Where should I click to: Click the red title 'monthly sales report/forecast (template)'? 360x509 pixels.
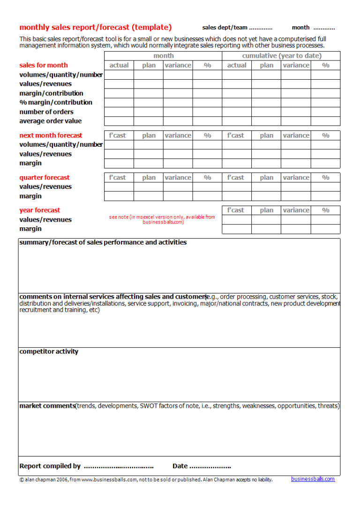coord(95,27)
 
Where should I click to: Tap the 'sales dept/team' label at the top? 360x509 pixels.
coord(225,28)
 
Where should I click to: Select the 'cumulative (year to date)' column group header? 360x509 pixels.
coord(281,56)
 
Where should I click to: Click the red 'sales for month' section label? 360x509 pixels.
coord(43,65)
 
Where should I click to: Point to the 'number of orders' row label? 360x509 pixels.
coord(46,112)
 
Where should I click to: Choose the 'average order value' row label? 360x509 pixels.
coord(50,121)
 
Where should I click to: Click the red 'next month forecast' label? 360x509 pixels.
coord(51,135)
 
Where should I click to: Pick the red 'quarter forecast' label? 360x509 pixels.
coord(44,178)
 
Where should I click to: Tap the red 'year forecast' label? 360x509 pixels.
coord(39,210)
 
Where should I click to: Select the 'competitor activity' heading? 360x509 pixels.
coord(49,352)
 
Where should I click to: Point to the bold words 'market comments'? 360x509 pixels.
coord(47,406)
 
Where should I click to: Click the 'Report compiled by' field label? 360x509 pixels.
coord(50,466)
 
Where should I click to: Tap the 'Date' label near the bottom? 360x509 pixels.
coord(180,466)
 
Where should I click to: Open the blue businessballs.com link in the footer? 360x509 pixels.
coord(313,479)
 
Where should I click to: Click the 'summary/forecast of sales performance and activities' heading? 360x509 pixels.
coord(103,242)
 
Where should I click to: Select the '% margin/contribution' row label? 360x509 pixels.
coord(55,102)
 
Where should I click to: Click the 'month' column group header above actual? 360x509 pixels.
coord(163,56)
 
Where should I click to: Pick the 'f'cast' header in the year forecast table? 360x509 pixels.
coord(236,210)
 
